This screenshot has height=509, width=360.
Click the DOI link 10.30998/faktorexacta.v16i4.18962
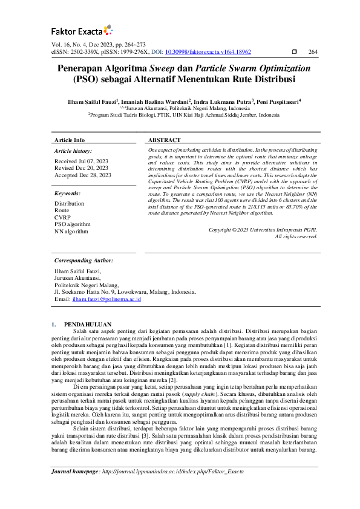click(x=208, y=53)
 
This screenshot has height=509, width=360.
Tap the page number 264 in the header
click(x=312, y=53)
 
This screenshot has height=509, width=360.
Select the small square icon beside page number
click(x=294, y=53)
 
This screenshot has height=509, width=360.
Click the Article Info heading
click(x=70, y=140)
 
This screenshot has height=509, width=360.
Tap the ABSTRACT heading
click(x=165, y=140)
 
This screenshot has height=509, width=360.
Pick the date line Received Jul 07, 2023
click(x=81, y=161)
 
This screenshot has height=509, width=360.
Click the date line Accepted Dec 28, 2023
click(x=83, y=175)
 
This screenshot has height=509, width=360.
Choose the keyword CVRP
click(x=62, y=218)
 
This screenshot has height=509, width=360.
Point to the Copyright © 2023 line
click(x=262, y=230)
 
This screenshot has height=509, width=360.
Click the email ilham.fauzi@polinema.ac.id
click(x=106, y=299)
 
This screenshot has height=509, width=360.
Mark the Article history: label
click(x=73, y=151)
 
